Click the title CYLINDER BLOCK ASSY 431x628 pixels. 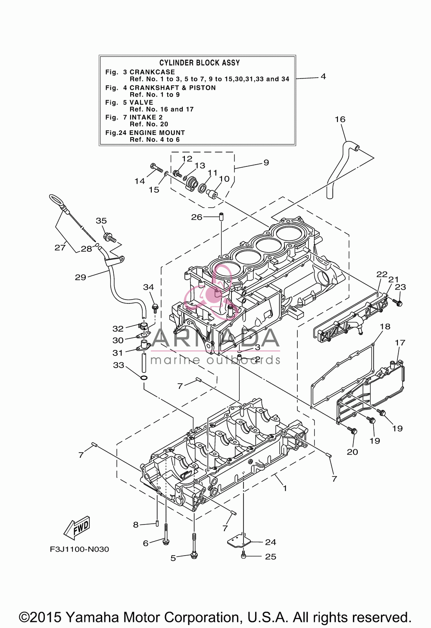tap(200, 63)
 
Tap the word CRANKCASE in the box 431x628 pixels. tap(152, 72)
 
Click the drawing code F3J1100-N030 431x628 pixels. tap(79, 549)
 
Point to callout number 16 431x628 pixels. tap(340, 119)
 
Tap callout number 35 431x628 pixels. tap(101, 221)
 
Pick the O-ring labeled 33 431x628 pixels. tap(143, 378)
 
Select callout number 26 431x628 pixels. tap(197, 217)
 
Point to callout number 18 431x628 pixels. tap(385, 326)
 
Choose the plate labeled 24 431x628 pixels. tap(238, 541)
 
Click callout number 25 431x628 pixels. tap(271, 556)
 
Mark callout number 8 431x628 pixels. tap(136, 525)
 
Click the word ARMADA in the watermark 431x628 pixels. tap(215, 337)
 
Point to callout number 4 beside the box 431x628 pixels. tap(323, 77)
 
